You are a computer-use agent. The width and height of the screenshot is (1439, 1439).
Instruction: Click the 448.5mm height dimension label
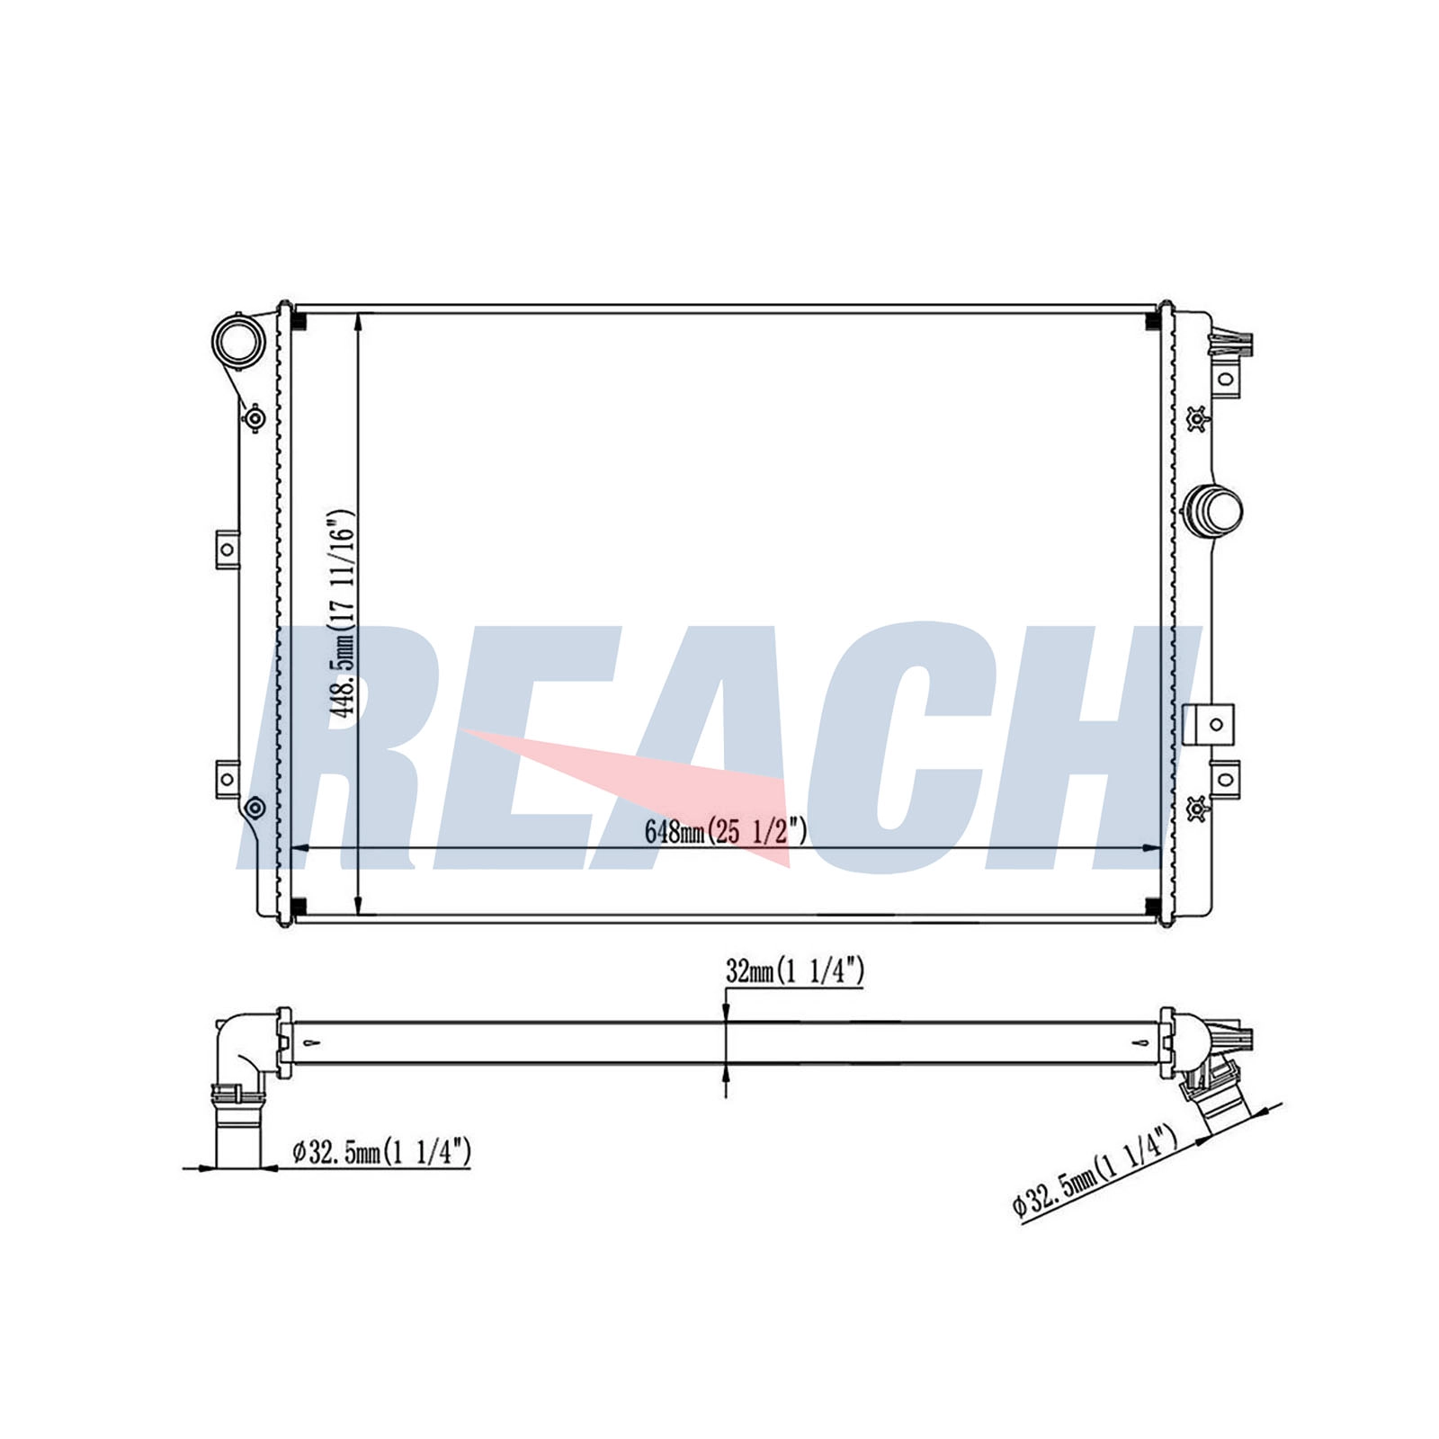point(342,613)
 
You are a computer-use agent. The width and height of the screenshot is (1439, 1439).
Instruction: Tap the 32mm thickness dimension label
point(795,971)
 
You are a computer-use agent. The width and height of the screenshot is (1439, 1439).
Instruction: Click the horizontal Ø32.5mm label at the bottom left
point(382,1152)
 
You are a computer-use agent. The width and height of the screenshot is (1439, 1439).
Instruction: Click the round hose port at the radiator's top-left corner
point(238,339)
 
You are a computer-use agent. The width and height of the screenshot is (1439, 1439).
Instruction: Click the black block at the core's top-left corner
point(300,322)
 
